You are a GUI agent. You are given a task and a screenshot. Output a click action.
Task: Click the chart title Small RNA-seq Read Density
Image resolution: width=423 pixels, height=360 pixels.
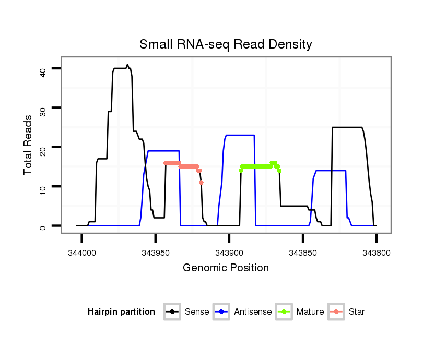tap(226, 44)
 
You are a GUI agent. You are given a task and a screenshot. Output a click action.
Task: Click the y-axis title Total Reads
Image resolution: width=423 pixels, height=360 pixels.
tap(29, 145)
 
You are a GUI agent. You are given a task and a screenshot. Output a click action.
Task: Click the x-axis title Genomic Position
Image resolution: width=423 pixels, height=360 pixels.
tap(226, 268)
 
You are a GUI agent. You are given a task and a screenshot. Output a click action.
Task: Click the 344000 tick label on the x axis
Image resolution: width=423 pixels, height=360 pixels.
tap(82, 253)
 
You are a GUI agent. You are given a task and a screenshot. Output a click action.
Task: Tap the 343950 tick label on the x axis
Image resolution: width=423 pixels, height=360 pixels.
tap(156, 253)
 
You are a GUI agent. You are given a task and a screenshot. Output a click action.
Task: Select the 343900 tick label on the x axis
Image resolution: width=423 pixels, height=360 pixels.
tap(229, 253)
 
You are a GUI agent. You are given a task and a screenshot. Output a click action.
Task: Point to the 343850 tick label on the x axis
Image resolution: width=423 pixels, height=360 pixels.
tap(303, 253)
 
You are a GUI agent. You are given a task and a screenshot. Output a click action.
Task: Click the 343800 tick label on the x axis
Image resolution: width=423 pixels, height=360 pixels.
tap(377, 253)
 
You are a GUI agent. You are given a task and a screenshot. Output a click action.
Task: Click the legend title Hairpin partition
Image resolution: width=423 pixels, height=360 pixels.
tap(121, 312)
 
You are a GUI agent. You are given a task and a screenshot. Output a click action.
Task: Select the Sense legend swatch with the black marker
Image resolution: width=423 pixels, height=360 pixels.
tap(172, 312)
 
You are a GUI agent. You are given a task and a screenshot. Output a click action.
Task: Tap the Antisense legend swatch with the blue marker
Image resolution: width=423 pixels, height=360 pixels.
tap(221, 312)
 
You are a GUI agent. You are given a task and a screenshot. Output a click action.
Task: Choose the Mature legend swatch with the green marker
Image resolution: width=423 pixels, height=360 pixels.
tap(284, 312)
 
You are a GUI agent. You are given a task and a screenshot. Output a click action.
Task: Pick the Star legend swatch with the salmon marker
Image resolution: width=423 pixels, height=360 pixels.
tap(336, 312)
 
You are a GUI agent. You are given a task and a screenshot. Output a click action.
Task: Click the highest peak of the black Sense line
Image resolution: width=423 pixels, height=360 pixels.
tap(127, 65)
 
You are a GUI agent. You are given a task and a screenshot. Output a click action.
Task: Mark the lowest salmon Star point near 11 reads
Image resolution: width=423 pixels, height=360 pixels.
tap(201, 183)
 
